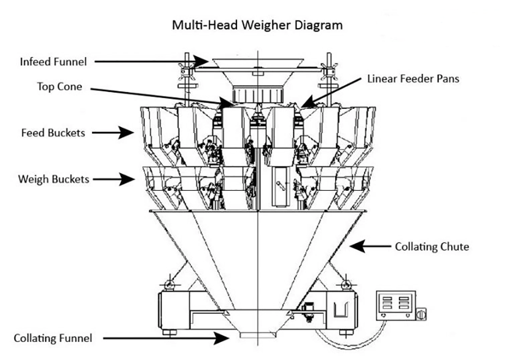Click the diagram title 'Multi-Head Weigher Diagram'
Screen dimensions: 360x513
256,25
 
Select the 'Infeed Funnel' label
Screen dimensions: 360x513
53,62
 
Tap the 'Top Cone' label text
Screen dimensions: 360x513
59,87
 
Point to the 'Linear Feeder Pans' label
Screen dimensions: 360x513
413,79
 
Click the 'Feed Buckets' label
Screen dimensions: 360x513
53,133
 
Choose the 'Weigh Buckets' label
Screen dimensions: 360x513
53,179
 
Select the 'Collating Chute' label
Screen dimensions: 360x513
431,247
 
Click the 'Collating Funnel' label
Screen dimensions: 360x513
53,338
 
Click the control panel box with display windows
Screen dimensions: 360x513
395,306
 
